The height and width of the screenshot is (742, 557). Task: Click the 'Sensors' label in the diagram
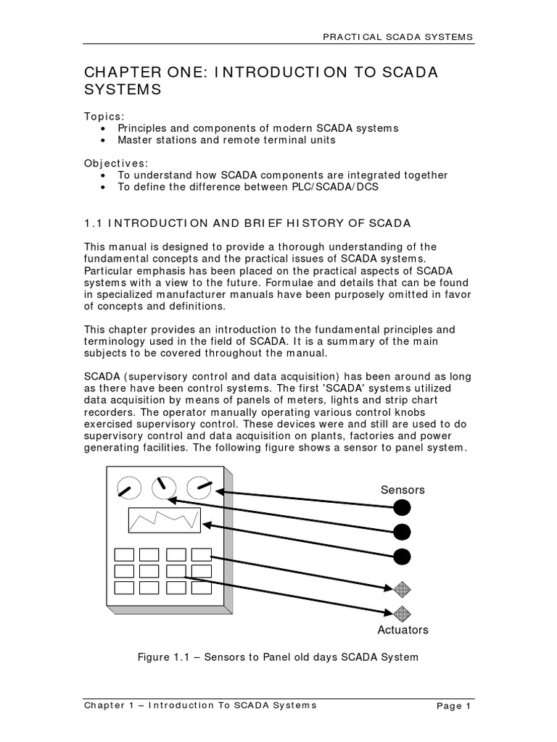pyautogui.click(x=403, y=490)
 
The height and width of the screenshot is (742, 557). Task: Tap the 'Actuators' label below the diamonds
pyautogui.click(x=403, y=630)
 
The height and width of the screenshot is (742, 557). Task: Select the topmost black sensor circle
pyautogui.click(x=402, y=507)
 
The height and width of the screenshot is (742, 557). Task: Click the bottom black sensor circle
pyautogui.click(x=402, y=556)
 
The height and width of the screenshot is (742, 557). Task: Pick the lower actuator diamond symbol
pyautogui.click(x=402, y=614)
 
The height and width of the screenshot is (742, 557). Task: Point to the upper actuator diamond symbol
pyautogui.click(x=402, y=589)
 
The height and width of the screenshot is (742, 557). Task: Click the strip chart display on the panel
pyautogui.click(x=165, y=520)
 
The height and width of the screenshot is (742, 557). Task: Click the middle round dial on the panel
pyautogui.click(x=163, y=489)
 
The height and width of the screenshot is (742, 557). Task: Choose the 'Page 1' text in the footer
pyautogui.click(x=454, y=705)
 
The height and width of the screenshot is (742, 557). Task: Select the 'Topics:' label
pyautogui.click(x=104, y=116)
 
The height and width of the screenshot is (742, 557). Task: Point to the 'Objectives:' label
pyautogui.click(x=114, y=164)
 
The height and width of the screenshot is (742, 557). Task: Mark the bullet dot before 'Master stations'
pyautogui.click(x=106, y=140)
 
